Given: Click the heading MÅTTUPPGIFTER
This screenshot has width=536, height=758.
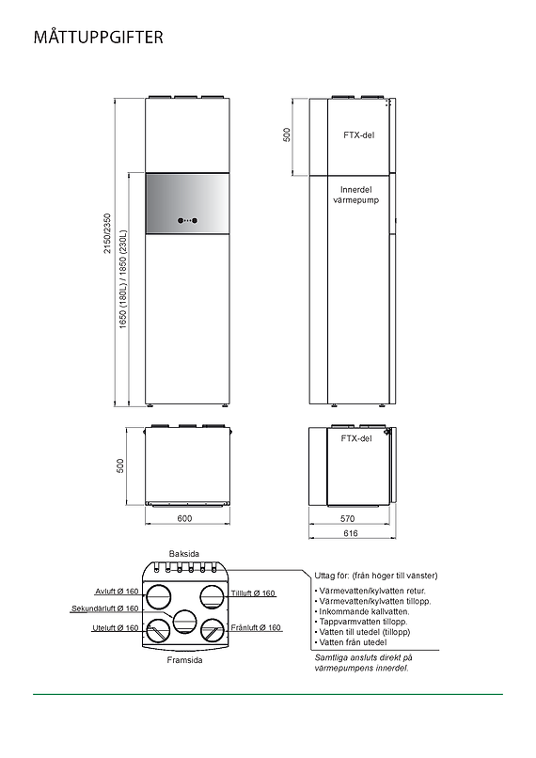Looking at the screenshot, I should (x=99, y=38).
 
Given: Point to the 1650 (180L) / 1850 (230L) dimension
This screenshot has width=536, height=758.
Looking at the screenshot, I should (x=123, y=280).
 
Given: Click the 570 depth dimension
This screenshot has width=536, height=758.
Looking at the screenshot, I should (x=347, y=518).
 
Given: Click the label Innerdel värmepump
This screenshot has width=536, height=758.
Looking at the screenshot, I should (x=356, y=195).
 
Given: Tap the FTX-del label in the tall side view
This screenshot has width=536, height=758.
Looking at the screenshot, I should (x=358, y=135).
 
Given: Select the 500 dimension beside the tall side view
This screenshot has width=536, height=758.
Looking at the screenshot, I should (x=288, y=134).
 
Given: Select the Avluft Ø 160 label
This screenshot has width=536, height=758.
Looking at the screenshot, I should (x=117, y=592).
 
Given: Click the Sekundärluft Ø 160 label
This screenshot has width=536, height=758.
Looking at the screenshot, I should (x=104, y=608).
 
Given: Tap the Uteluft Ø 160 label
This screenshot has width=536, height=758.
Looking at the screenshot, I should (x=116, y=627).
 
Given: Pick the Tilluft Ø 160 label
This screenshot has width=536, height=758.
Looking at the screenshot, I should (x=253, y=593).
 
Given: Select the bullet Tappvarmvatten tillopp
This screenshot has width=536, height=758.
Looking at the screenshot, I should (x=362, y=622).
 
